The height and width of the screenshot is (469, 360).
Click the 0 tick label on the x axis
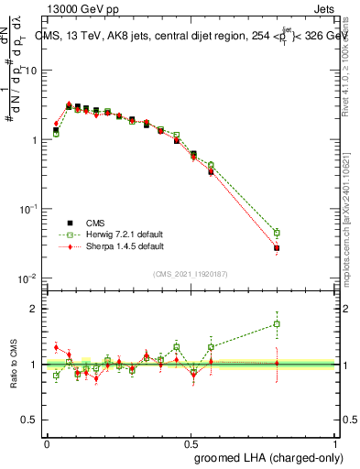47,443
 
